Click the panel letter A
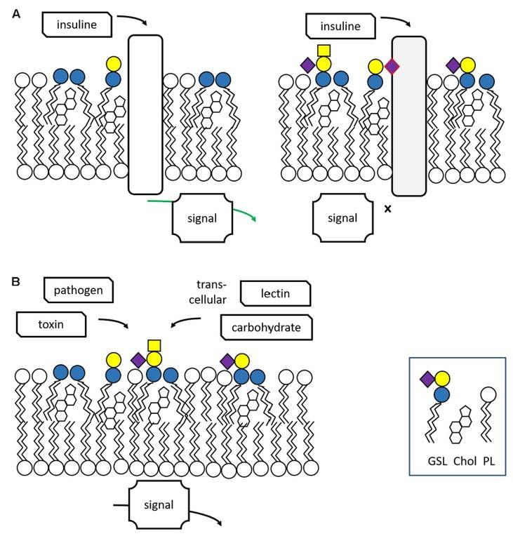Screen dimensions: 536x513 pyautogui.click(x=17, y=12)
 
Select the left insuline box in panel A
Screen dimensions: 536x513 pyautogui.click(x=77, y=25)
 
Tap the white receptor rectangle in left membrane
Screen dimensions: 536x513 pyautogui.click(x=145, y=114)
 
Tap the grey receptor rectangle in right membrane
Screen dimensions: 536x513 pyautogui.click(x=409, y=116)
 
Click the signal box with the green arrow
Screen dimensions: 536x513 pyautogui.click(x=204, y=218)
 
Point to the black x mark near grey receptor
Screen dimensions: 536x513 pyautogui.click(x=387, y=208)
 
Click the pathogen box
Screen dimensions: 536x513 pyautogui.click(x=77, y=288)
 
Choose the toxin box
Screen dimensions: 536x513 pyautogui.click(x=51, y=324)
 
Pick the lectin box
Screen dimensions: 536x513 pyautogui.click(x=275, y=294)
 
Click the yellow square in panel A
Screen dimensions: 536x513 pyautogui.click(x=324, y=50)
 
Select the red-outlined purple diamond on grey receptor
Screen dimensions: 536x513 pyautogui.click(x=392, y=67)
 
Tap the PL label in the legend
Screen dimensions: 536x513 pyautogui.click(x=488, y=462)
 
